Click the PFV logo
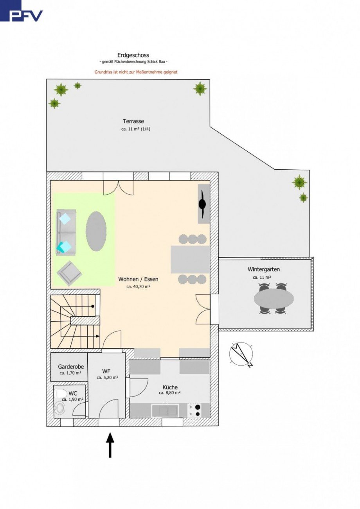pos(21,11)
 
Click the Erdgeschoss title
pos(133,55)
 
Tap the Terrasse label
pos(133,121)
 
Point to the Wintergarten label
pos(264,269)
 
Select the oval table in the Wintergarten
pos(274,298)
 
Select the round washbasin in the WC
pos(60,408)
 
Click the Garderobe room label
pos(71,367)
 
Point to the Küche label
pos(170,387)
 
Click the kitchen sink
pos(165,410)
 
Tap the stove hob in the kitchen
pos(194,410)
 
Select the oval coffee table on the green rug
pos(96,231)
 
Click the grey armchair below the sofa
pos(69,273)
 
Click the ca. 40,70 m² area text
pos(139,287)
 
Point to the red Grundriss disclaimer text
pos(136,72)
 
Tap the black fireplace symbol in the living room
pos(202,204)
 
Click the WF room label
pos(106,371)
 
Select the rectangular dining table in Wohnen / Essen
pos(190,259)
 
